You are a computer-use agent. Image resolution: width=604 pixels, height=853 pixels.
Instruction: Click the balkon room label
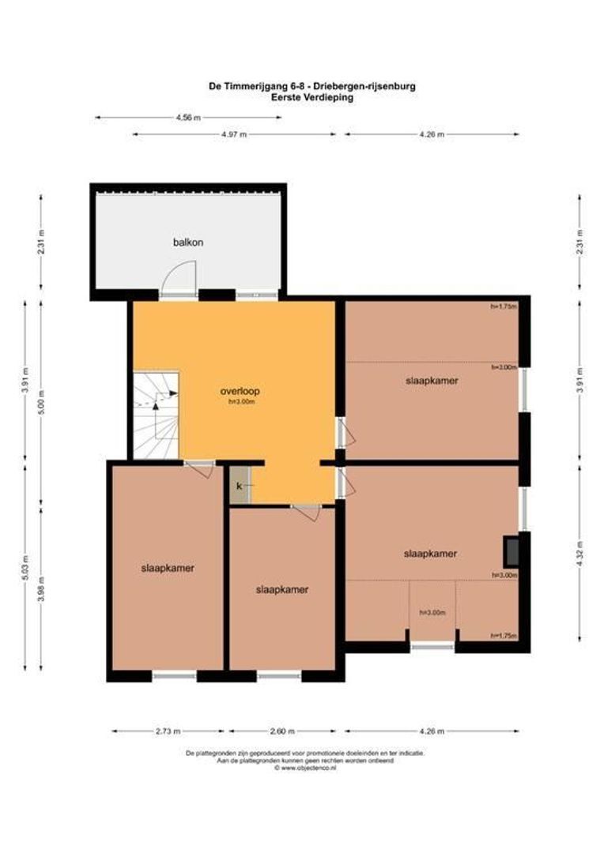point(188,242)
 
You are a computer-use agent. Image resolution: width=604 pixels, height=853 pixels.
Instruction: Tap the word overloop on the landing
point(241,390)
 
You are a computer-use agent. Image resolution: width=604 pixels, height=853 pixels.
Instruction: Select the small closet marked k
point(240,486)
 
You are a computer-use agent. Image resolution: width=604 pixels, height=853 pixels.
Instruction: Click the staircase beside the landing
point(155,415)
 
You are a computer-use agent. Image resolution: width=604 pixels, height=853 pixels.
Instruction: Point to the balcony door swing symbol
point(176,280)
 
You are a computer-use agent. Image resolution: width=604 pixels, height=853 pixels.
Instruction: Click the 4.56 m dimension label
point(187,118)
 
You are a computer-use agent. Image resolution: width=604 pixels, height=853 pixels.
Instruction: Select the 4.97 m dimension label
point(234,135)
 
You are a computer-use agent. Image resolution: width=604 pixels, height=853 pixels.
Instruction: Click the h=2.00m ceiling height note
point(503,367)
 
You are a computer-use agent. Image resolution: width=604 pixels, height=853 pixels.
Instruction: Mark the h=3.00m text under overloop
point(241,401)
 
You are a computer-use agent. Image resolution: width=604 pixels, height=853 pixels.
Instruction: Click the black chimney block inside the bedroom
point(512,547)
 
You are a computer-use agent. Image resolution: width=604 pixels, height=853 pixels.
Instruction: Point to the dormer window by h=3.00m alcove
point(432,647)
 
